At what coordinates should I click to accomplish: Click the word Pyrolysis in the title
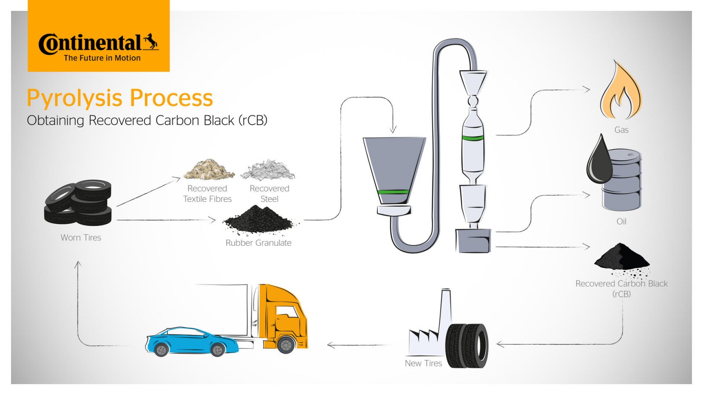pos(74,98)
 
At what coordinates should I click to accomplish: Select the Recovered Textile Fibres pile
pos(209,170)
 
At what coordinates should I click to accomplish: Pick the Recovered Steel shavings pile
pos(267,170)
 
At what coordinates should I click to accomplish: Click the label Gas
pos(621,130)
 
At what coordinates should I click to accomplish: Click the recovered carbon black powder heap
pos(621,257)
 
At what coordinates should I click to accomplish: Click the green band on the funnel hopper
pos(393,192)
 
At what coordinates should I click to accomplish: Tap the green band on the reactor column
pos(473,138)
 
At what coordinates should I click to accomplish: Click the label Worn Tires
pos(81,237)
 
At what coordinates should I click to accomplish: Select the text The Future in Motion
pos(102,58)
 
